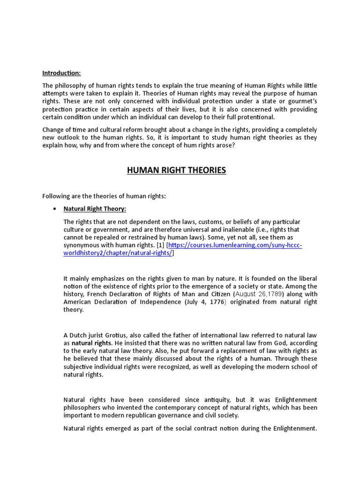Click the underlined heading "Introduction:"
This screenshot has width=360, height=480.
click(x=61, y=73)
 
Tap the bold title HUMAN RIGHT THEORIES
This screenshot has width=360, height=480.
click(x=176, y=170)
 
